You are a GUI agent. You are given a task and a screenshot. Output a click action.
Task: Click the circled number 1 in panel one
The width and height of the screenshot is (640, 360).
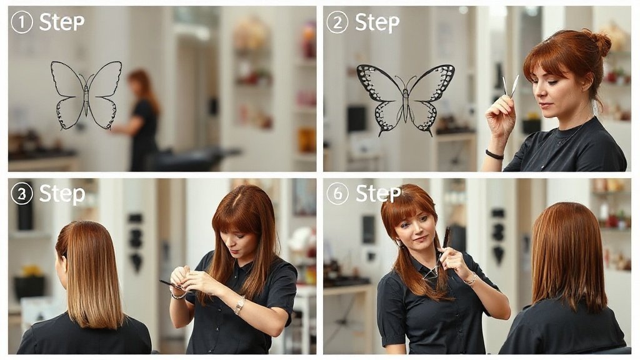[x=22, y=22]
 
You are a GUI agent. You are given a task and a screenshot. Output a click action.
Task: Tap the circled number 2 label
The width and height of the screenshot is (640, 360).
[x=337, y=22]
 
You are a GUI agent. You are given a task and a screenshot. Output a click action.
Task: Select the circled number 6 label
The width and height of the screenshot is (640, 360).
[x=337, y=194]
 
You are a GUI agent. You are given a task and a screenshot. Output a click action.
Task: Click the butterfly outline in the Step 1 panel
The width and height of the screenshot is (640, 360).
[x=86, y=95]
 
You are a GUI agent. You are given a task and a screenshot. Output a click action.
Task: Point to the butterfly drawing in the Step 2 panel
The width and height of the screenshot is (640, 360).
[x=406, y=99]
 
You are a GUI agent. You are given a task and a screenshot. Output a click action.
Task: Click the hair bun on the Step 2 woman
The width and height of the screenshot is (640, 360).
[x=599, y=42]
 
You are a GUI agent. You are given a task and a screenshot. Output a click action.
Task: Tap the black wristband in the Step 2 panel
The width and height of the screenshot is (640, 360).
[x=494, y=155]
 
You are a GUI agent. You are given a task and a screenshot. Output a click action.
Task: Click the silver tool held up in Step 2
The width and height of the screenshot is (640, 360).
[x=510, y=86]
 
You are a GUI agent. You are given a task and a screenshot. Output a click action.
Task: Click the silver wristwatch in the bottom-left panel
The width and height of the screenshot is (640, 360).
[x=239, y=305]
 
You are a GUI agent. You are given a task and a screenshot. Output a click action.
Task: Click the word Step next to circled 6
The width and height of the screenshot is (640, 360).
[x=378, y=193]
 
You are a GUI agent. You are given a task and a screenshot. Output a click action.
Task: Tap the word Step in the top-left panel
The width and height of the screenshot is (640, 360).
[x=62, y=22]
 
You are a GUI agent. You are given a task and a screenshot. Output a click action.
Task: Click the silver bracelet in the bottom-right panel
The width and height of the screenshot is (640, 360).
[x=471, y=279]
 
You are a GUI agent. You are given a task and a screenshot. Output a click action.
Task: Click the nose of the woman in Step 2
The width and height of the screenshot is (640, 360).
[x=539, y=93]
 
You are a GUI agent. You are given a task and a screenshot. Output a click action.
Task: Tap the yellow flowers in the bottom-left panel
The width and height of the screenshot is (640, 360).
[x=31, y=270]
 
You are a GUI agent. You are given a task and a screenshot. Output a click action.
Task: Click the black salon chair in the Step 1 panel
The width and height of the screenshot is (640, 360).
[x=192, y=159]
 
